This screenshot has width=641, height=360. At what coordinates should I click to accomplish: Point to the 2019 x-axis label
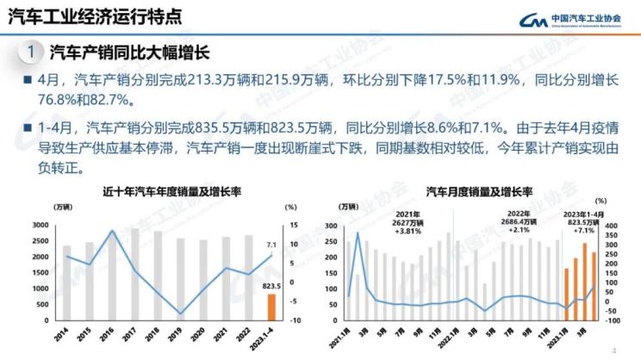pyautogui.click(x=179, y=332)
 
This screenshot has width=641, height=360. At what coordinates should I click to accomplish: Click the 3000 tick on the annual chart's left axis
pyautogui.click(x=40, y=225)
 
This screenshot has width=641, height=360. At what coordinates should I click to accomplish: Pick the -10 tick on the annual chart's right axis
pyautogui.click(x=293, y=320)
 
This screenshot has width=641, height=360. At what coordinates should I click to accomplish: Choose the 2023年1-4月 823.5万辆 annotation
pyautogui.click(x=584, y=221)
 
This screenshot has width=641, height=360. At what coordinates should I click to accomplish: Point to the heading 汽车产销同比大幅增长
pyautogui.click(x=130, y=53)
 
